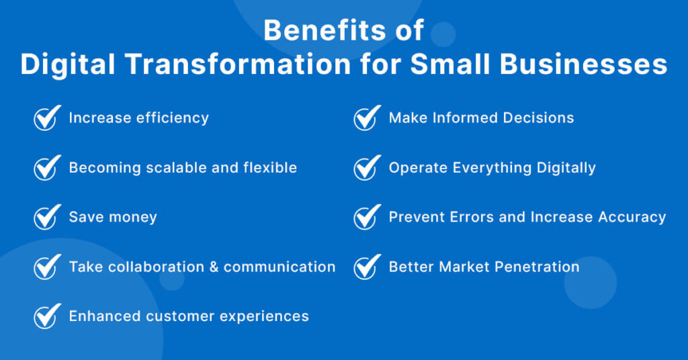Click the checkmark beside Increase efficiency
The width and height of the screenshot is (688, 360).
coord(46,118)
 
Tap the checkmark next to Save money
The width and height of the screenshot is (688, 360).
coord(46,218)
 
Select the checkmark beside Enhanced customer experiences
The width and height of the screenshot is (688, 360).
coord(46,316)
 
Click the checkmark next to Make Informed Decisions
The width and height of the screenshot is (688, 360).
coord(366,118)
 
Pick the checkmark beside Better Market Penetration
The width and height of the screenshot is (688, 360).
coord(366,267)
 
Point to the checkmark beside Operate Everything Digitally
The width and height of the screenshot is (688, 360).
coord(366,168)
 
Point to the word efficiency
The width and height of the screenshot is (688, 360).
coord(173,118)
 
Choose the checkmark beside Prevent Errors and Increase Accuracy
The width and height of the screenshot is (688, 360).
coord(366,218)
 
